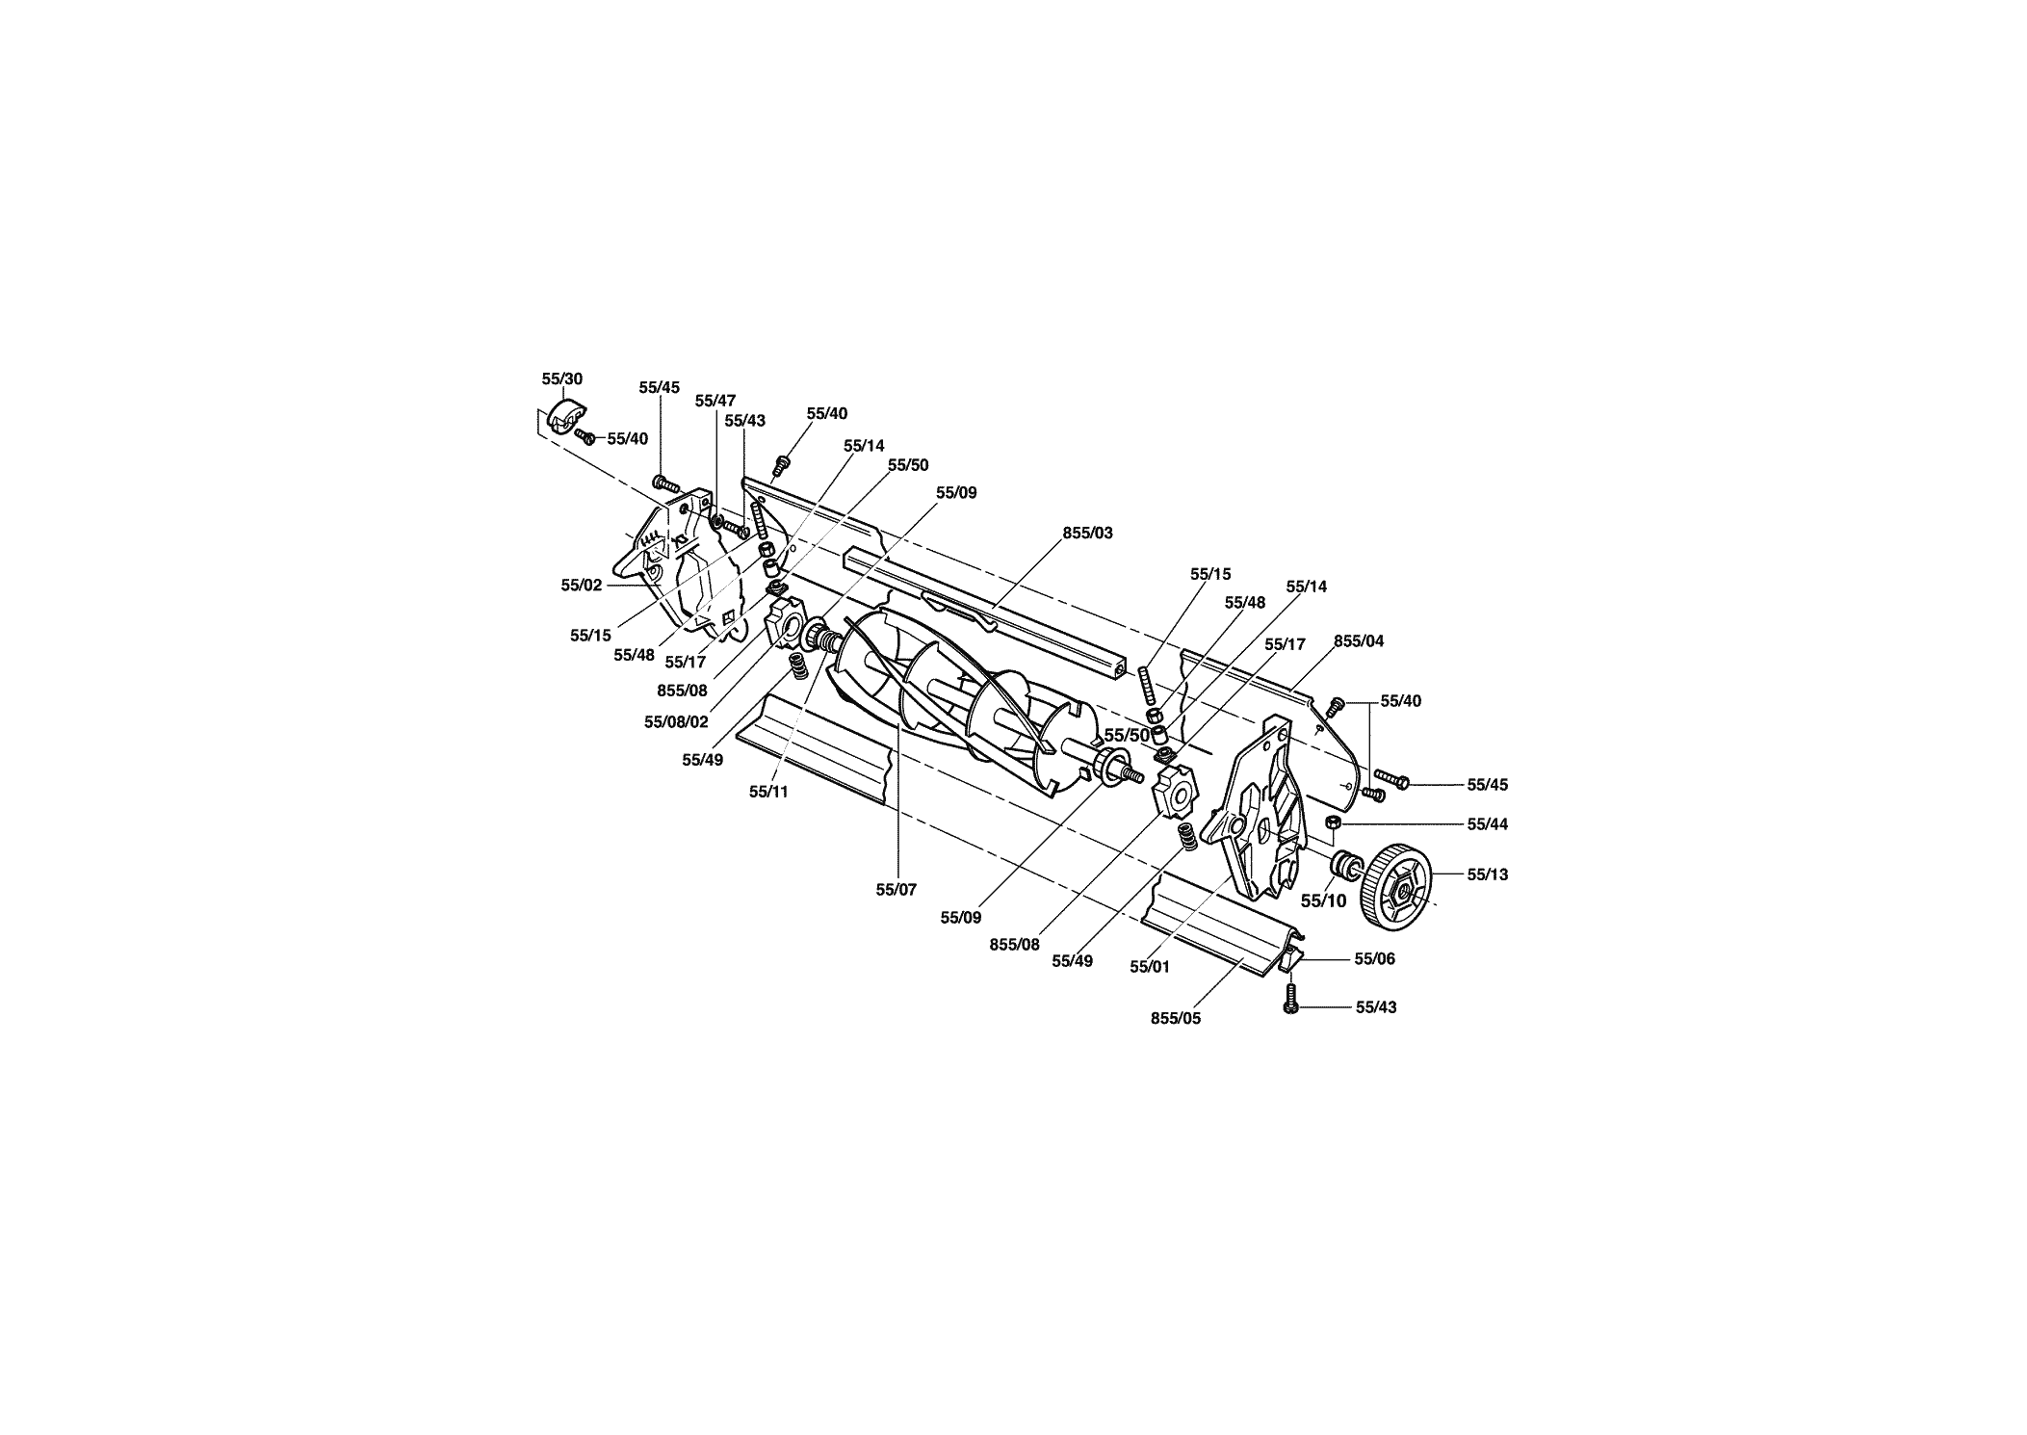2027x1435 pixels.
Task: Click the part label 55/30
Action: coord(562,379)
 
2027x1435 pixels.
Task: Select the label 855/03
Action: coord(1088,533)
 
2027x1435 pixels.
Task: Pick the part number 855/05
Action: coord(1176,1018)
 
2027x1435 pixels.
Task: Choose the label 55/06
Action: coord(1374,958)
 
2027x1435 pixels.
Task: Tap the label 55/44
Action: coord(1488,824)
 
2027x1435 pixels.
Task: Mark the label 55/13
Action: coord(1488,874)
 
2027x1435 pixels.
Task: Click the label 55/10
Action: coord(1324,901)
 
